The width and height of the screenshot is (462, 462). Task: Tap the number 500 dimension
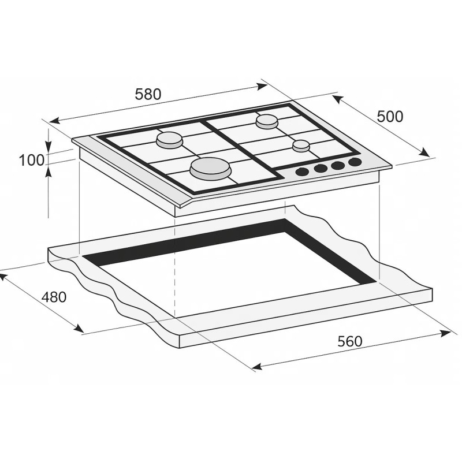(x=390, y=116)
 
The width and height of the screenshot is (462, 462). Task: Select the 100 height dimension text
(x=31, y=160)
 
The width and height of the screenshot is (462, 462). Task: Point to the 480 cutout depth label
(x=54, y=297)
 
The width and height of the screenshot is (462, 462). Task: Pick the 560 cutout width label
(x=350, y=341)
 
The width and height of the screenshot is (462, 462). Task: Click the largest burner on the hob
(x=210, y=168)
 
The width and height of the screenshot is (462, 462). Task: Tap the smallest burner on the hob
(x=301, y=146)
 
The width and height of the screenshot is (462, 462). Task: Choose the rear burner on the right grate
(x=267, y=121)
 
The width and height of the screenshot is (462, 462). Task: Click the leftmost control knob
(x=301, y=172)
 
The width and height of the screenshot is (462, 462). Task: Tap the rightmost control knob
(x=355, y=163)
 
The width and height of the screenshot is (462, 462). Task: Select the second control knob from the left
(x=319, y=169)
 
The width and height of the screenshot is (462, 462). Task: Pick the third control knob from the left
(x=337, y=166)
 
